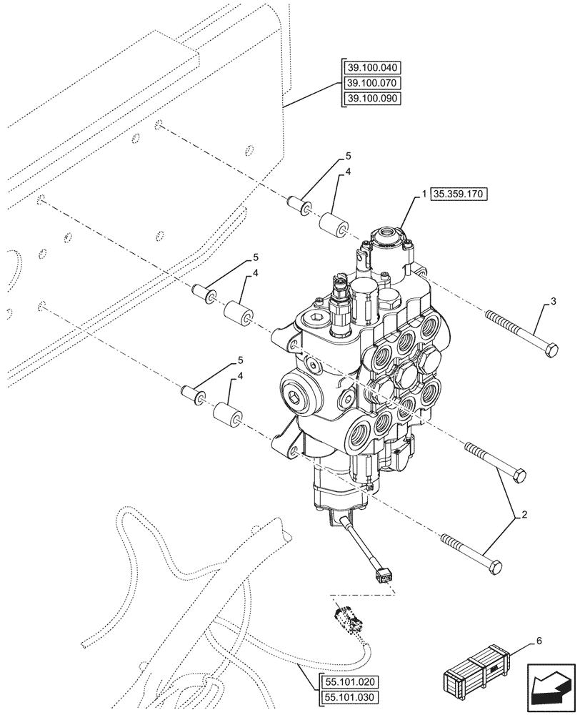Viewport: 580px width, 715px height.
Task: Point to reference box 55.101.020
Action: coord(352,682)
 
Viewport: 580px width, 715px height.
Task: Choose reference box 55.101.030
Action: coord(352,697)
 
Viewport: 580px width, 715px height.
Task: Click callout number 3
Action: coord(553,302)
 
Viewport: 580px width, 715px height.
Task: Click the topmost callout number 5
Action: coord(349,156)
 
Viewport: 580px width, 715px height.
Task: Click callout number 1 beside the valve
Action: coord(424,194)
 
